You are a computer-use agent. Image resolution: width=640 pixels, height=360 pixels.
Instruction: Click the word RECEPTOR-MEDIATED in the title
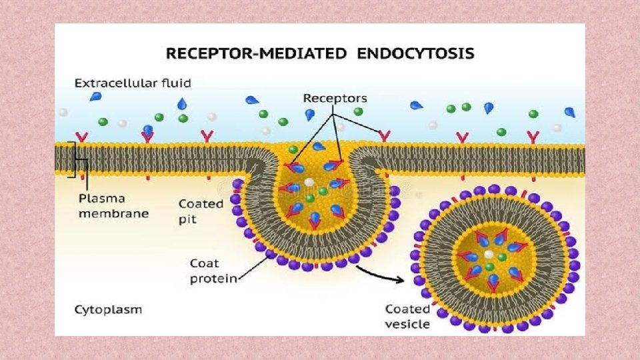tap(249, 54)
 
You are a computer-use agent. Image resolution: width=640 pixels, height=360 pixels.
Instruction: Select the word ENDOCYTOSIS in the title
tap(415, 54)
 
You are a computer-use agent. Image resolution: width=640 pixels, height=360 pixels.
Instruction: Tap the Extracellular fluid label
tap(133, 83)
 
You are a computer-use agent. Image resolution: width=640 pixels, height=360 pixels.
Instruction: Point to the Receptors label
tap(335, 98)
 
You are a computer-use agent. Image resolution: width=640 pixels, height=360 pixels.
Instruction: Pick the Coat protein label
tap(213, 271)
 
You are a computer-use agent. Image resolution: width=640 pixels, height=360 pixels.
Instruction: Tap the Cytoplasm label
tap(107, 310)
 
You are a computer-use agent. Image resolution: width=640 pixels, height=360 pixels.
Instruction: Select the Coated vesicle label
tap(407, 317)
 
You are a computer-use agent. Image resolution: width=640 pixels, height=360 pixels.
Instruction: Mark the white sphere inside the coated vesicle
tap(489, 255)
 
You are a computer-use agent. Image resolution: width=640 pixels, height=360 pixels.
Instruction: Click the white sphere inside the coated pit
tap(309, 181)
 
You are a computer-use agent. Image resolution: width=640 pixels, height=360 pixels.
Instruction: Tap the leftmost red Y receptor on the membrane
tap(81, 137)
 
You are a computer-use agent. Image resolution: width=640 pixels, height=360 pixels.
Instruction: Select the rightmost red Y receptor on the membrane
tap(533, 137)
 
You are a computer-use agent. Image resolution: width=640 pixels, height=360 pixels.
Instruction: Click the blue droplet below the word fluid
tap(181, 103)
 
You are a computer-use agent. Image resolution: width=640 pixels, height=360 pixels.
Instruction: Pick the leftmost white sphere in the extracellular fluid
tap(63, 112)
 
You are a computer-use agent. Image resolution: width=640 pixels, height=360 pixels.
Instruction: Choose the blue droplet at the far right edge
tap(570, 112)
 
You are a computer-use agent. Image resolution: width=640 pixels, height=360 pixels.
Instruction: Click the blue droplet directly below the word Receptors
tap(309, 114)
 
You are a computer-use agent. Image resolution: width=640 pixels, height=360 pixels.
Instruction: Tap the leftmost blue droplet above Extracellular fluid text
tap(97, 96)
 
